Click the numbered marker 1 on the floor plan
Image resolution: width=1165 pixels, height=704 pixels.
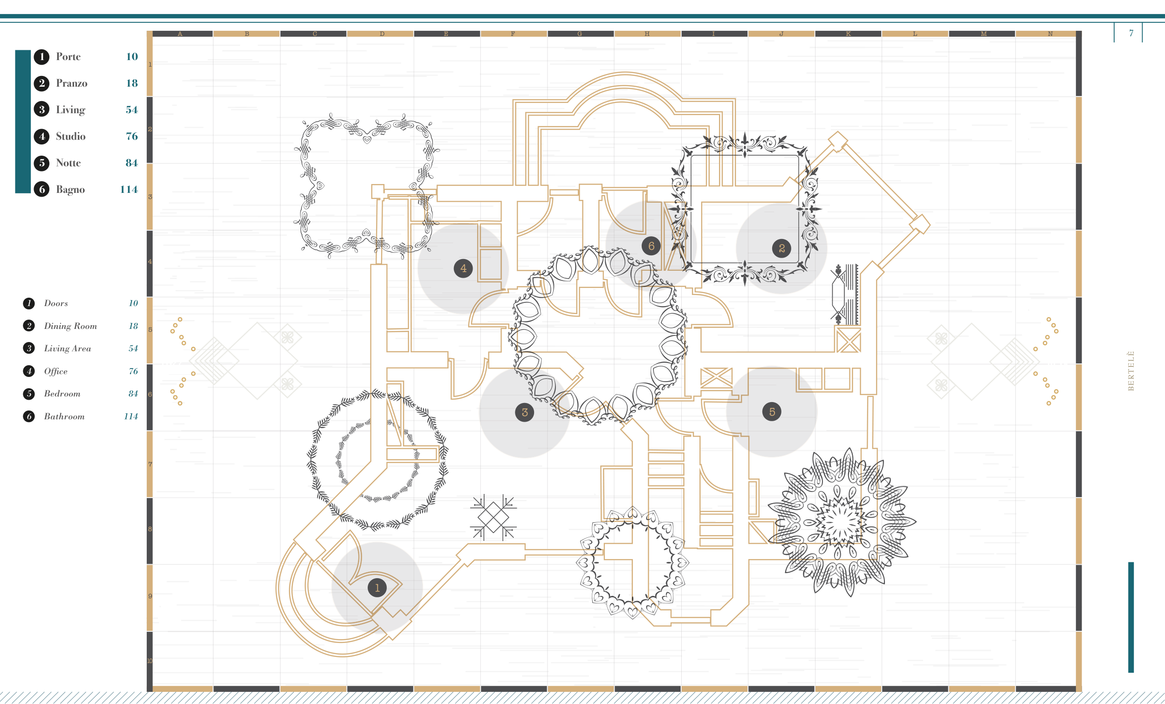click(377, 588)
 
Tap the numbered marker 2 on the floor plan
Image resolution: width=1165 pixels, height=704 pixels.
click(781, 248)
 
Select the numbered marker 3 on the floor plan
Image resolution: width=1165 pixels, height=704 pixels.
click(524, 412)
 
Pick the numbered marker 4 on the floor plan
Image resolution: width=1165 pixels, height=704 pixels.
click(463, 268)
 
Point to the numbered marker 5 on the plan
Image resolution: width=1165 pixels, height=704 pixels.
click(772, 412)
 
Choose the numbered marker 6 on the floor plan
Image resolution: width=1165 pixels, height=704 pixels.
click(651, 246)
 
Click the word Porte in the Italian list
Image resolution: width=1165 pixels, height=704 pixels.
click(69, 57)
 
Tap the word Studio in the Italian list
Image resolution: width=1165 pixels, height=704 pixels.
click(71, 136)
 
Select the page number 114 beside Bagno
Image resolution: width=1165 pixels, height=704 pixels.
click(129, 190)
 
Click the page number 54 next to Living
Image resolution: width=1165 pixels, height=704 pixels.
click(132, 109)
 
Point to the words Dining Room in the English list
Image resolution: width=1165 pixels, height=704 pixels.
click(70, 326)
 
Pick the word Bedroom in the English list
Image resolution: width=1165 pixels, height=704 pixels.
click(62, 394)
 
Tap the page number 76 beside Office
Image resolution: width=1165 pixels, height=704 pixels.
click(133, 371)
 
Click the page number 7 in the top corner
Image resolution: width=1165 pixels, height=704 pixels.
click(1131, 33)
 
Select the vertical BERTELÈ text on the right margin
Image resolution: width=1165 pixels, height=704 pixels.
click(1131, 371)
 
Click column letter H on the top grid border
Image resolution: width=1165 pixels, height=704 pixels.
click(647, 34)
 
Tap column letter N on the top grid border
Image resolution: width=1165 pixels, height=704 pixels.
click(1050, 34)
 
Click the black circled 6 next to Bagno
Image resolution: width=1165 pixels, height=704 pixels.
click(41, 190)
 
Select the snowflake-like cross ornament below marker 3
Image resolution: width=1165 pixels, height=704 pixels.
click(493, 517)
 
